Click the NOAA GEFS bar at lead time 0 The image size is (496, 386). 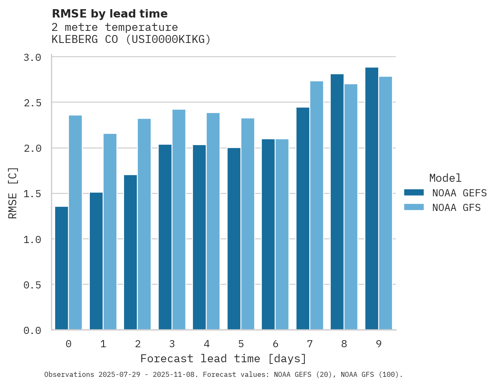[61, 268]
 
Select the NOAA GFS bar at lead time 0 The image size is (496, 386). [75, 223]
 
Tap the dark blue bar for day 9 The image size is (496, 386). [372, 198]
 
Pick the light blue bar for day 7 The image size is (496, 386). [316, 206]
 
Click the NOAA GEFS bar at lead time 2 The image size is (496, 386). [130, 252]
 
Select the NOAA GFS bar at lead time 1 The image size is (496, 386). [110, 232]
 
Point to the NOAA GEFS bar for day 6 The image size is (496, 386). [268, 234]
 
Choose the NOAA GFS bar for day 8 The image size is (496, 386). [351, 207]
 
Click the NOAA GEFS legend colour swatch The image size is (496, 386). [414, 193]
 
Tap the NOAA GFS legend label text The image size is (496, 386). [456, 208]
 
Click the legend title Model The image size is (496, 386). [445, 178]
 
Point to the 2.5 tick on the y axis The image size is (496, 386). [32, 103]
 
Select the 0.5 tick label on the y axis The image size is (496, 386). [32, 285]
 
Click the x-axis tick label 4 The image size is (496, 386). [206, 344]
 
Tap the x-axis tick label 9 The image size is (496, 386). [378, 344]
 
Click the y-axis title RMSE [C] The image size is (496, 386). [13, 193]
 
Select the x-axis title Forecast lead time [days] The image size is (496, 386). [223, 358]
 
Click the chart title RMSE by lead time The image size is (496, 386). [110, 14]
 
